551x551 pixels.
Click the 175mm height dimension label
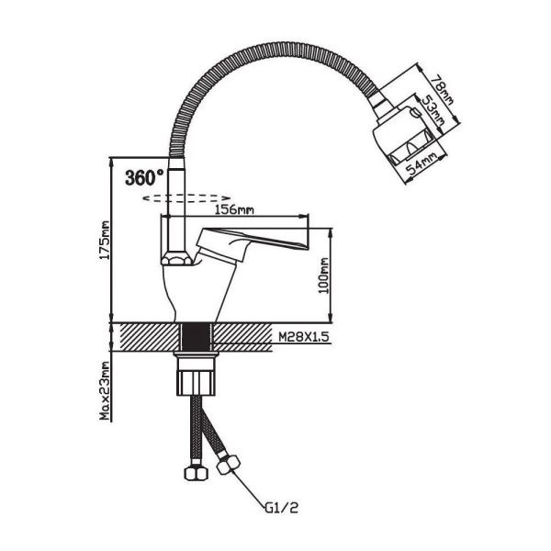[x=105, y=240]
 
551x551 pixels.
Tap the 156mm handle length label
[x=234, y=209]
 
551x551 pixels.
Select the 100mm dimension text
[x=323, y=275]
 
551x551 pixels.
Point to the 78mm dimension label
[x=441, y=90]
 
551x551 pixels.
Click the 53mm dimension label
[x=432, y=111]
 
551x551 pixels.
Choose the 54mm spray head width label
[x=422, y=164]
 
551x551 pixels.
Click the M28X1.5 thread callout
[x=304, y=337]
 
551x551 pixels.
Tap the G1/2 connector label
[x=281, y=507]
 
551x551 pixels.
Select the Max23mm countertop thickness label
[x=105, y=390]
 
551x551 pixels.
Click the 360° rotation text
[x=144, y=177]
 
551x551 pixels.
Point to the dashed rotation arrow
[x=186, y=198]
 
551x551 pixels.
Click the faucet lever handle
[x=252, y=242]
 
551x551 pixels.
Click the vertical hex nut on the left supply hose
[x=197, y=473]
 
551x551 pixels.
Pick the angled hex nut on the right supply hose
[x=229, y=465]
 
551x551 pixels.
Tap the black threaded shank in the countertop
[x=196, y=337]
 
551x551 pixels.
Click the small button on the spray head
[x=415, y=112]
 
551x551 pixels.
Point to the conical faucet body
[x=197, y=290]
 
